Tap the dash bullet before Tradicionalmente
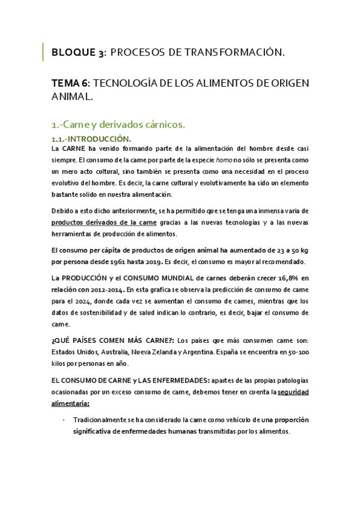point(64,420)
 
